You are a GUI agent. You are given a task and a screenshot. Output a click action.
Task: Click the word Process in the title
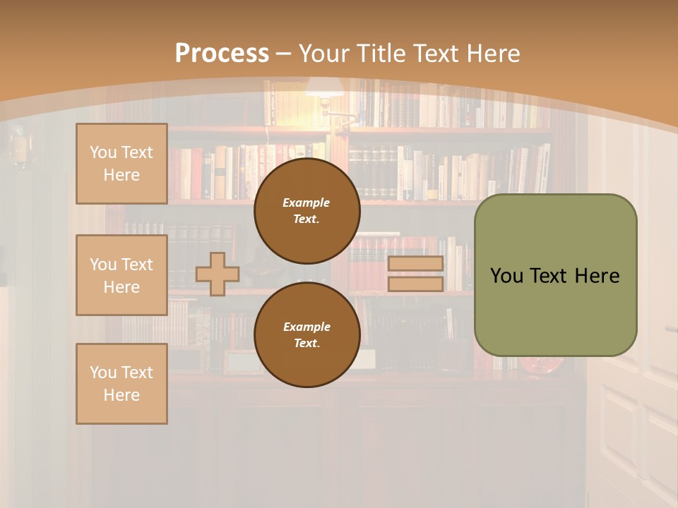point(222,54)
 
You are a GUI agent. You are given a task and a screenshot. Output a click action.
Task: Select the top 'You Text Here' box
point(121,164)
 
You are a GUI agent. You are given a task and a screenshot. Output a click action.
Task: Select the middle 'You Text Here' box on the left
point(121,275)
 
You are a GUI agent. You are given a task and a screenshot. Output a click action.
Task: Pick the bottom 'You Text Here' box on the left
point(121,384)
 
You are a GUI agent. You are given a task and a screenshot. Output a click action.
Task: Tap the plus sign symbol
point(218,274)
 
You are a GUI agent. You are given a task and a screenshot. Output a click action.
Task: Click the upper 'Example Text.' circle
point(307,211)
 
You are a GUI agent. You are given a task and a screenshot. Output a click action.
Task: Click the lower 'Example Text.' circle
point(307,335)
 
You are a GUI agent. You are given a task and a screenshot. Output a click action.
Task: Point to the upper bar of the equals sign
point(415,264)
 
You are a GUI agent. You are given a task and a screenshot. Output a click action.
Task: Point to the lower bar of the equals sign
point(415,284)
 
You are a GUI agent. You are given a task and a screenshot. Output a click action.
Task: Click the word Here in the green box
point(597,276)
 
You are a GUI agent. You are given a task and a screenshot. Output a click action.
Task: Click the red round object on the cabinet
point(541,365)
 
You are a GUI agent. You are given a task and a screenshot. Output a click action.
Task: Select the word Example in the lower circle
point(307,327)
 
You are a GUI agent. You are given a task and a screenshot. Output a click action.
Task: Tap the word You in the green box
point(508,276)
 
